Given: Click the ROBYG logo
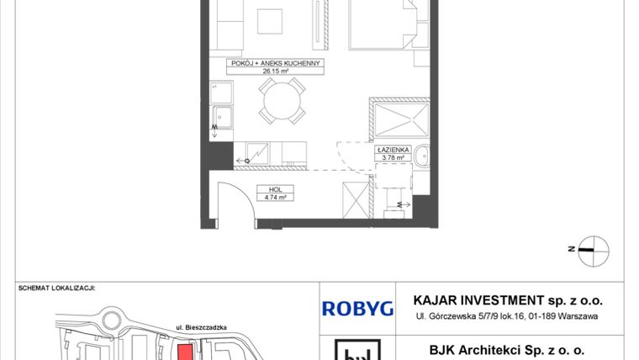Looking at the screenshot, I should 357,308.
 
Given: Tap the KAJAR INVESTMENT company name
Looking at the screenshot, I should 508,300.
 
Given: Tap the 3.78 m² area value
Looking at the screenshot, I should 392,156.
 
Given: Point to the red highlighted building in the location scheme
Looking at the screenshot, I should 184,352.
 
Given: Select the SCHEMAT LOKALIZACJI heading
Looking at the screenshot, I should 56,288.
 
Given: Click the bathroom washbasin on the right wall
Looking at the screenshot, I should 423,156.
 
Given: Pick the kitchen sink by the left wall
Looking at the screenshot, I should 223,117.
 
